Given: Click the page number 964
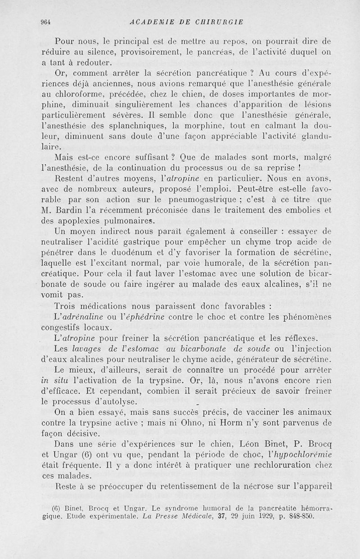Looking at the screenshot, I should [x=45, y=21].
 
